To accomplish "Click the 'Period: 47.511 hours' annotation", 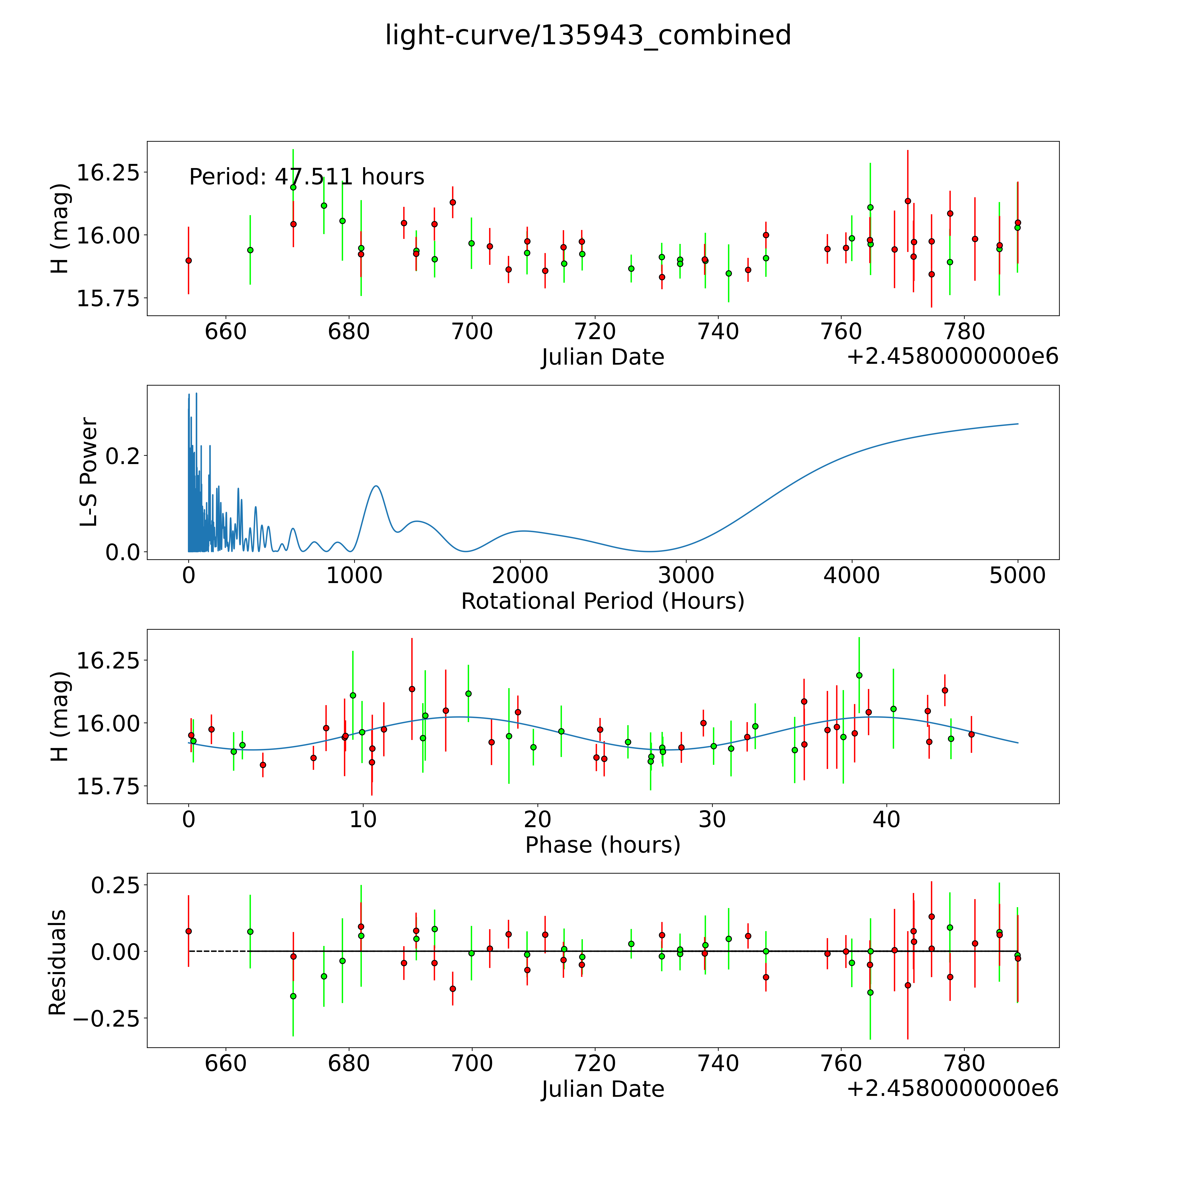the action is coord(306,177).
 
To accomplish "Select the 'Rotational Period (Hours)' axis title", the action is coord(602,601).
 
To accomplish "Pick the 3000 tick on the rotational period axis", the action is coord(686,575).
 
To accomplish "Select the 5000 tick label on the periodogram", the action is coord(1017,575).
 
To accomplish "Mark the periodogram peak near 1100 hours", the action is coord(376,486).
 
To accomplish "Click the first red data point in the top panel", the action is coord(188,260).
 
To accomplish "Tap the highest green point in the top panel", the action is coord(293,187).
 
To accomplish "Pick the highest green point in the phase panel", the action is coord(859,675).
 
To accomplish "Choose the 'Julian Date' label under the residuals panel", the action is coord(602,1089).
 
